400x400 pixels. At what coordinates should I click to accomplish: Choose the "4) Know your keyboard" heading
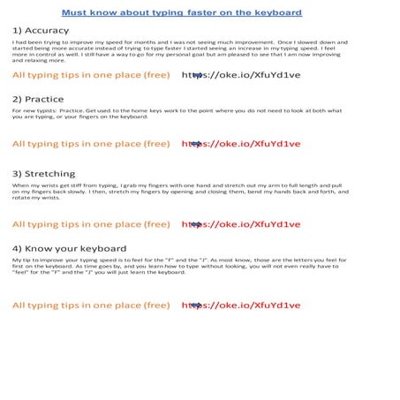[x=69, y=249]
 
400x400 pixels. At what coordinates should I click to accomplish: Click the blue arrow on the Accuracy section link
[x=197, y=75]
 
